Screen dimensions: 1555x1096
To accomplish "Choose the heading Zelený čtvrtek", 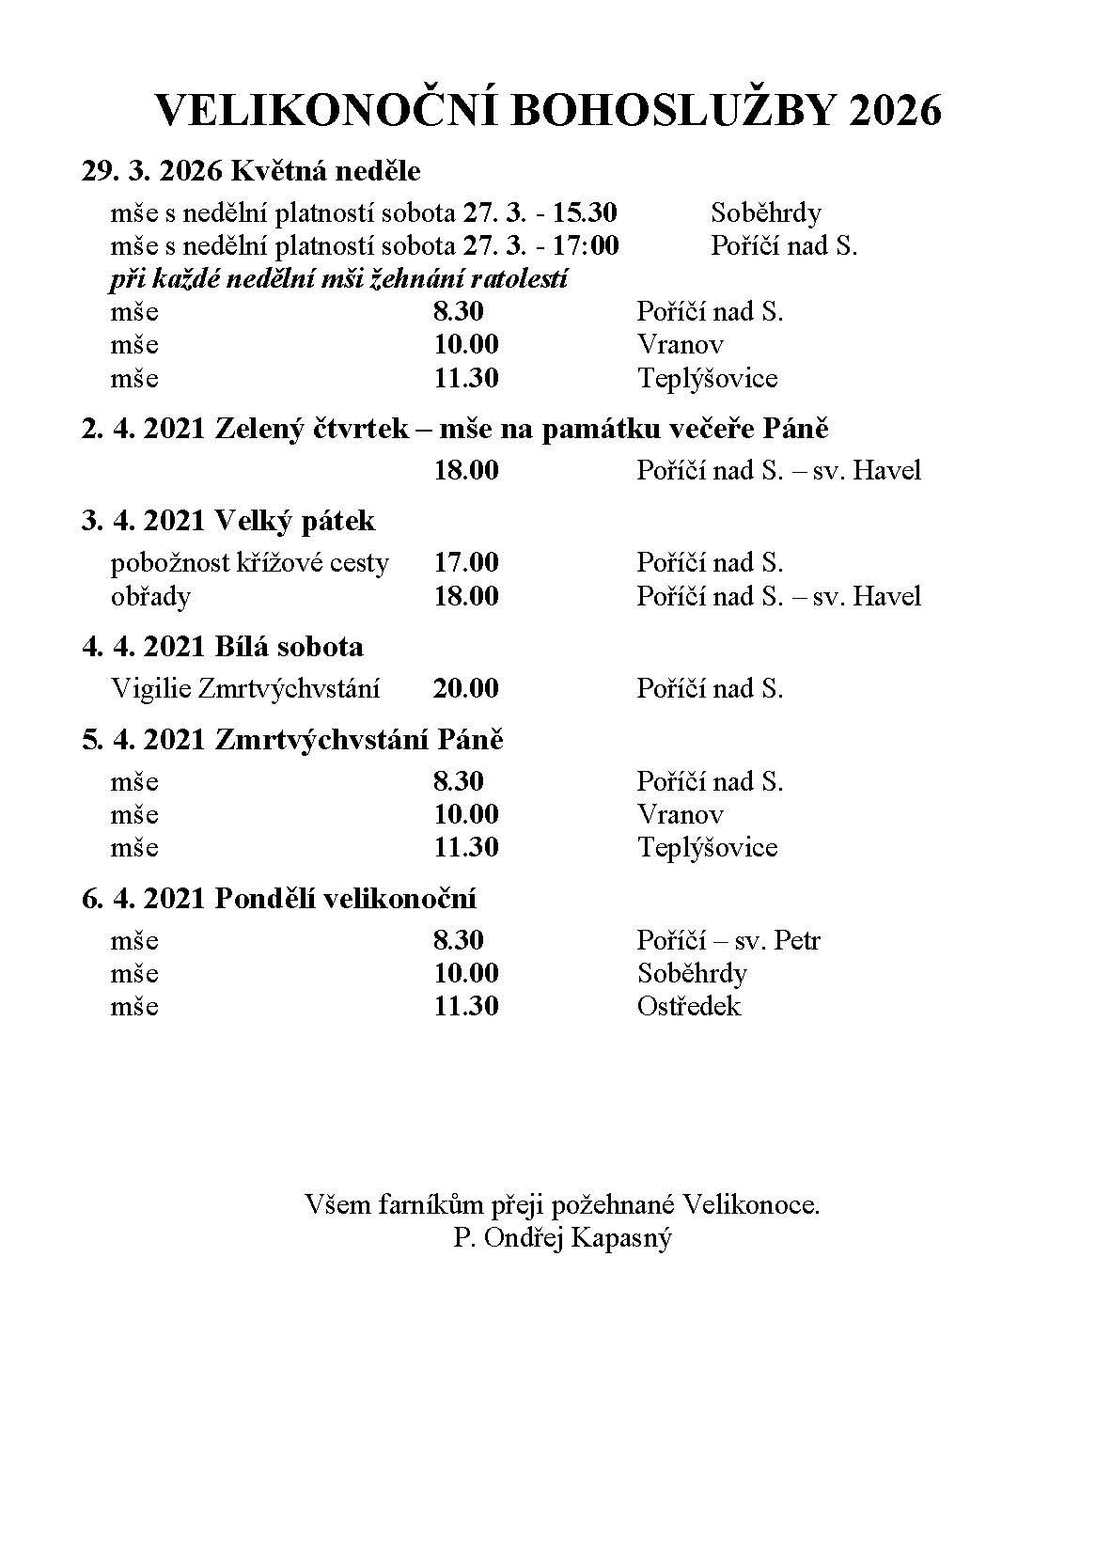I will tap(312, 429).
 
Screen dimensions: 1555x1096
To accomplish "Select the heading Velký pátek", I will tap(295, 521).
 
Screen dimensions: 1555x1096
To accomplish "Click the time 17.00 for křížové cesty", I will tap(466, 563).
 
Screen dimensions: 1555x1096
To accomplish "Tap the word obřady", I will tap(150, 597).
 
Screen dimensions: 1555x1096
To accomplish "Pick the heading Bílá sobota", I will tap(289, 647).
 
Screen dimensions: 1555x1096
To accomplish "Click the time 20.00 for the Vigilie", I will tap(466, 688).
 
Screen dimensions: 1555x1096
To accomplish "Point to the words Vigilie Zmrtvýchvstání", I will tap(245, 688).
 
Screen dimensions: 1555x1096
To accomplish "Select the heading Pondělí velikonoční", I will tap(346, 899).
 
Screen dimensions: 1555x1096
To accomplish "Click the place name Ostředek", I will tap(689, 1007).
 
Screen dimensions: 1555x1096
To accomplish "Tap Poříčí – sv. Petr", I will tap(728, 940).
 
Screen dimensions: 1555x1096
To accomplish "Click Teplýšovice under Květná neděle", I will tap(708, 378).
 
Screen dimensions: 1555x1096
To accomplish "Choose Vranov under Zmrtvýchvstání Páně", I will tap(681, 814).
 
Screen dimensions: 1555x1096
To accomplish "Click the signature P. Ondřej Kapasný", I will tap(562, 1238).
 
